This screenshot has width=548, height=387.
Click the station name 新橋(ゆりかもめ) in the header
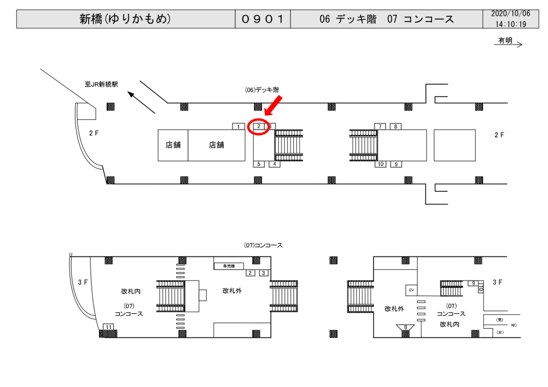(x=125, y=19)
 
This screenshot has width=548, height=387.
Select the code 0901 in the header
(x=262, y=19)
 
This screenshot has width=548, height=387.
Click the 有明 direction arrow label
(x=505, y=41)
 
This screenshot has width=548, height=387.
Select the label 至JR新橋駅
(x=101, y=84)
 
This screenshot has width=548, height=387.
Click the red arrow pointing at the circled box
(x=274, y=105)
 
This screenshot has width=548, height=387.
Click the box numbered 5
(x=259, y=164)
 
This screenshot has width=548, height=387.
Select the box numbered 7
(x=380, y=127)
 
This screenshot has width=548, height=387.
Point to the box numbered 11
(x=109, y=327)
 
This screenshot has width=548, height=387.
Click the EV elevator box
(x=412, y=290)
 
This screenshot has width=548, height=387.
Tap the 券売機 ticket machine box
(x=229, y=266)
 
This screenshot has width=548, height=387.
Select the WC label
(x=513, y=325)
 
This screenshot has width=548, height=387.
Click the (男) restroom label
(x=500, y=320)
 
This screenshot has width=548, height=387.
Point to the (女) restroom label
(x=500, y=332)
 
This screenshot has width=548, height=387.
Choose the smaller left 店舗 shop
(x=173, y=145)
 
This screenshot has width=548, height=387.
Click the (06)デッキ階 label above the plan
(x=262, y=90)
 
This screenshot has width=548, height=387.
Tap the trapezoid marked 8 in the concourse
(x=406, y=327)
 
